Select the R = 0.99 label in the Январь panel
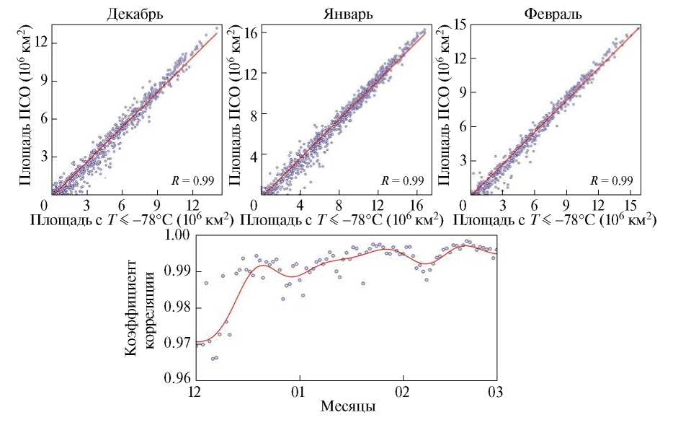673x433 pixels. click(x=404, y=180)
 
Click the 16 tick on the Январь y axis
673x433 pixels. click(x=251, y=32)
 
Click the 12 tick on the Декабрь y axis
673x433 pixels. click(x=40, y=42)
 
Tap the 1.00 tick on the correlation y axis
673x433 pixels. click(x=177, y=235)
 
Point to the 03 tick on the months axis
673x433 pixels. click(x=496, y=390)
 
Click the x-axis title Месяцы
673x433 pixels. click(x=347, y=408)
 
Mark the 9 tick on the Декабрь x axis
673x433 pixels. click(x=157, y=204)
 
